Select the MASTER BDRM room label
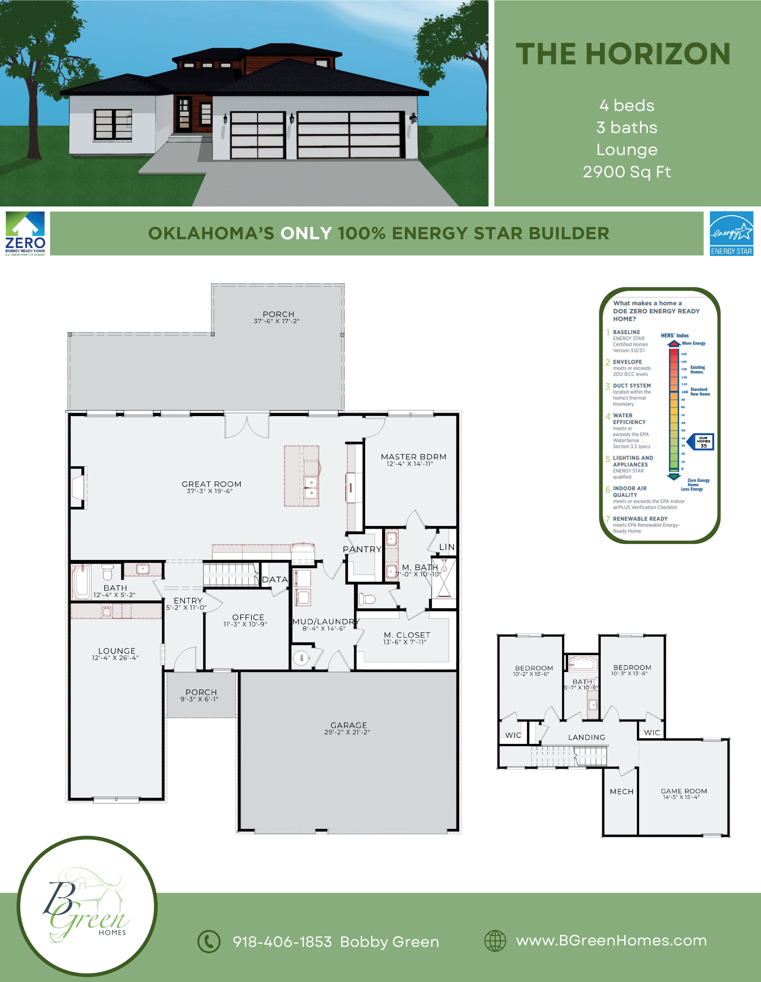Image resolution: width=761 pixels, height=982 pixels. pos(414,457)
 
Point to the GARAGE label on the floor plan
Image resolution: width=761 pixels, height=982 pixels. pos(349,725)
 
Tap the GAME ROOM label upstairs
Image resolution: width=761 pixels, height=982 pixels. pos(684,791)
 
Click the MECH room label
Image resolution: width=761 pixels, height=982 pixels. pos(622,791)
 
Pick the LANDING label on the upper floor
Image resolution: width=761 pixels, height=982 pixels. pos(587,737)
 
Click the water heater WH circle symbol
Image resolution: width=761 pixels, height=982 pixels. pos(301,658)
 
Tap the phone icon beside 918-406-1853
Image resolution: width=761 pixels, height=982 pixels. pos(209,941)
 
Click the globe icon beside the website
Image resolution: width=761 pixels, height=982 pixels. pos(495,941)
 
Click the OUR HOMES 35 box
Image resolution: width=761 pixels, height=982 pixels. pos(704,442)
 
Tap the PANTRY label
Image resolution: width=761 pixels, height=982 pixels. pos(362,549)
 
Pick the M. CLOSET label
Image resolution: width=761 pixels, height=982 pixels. pos(407,635)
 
